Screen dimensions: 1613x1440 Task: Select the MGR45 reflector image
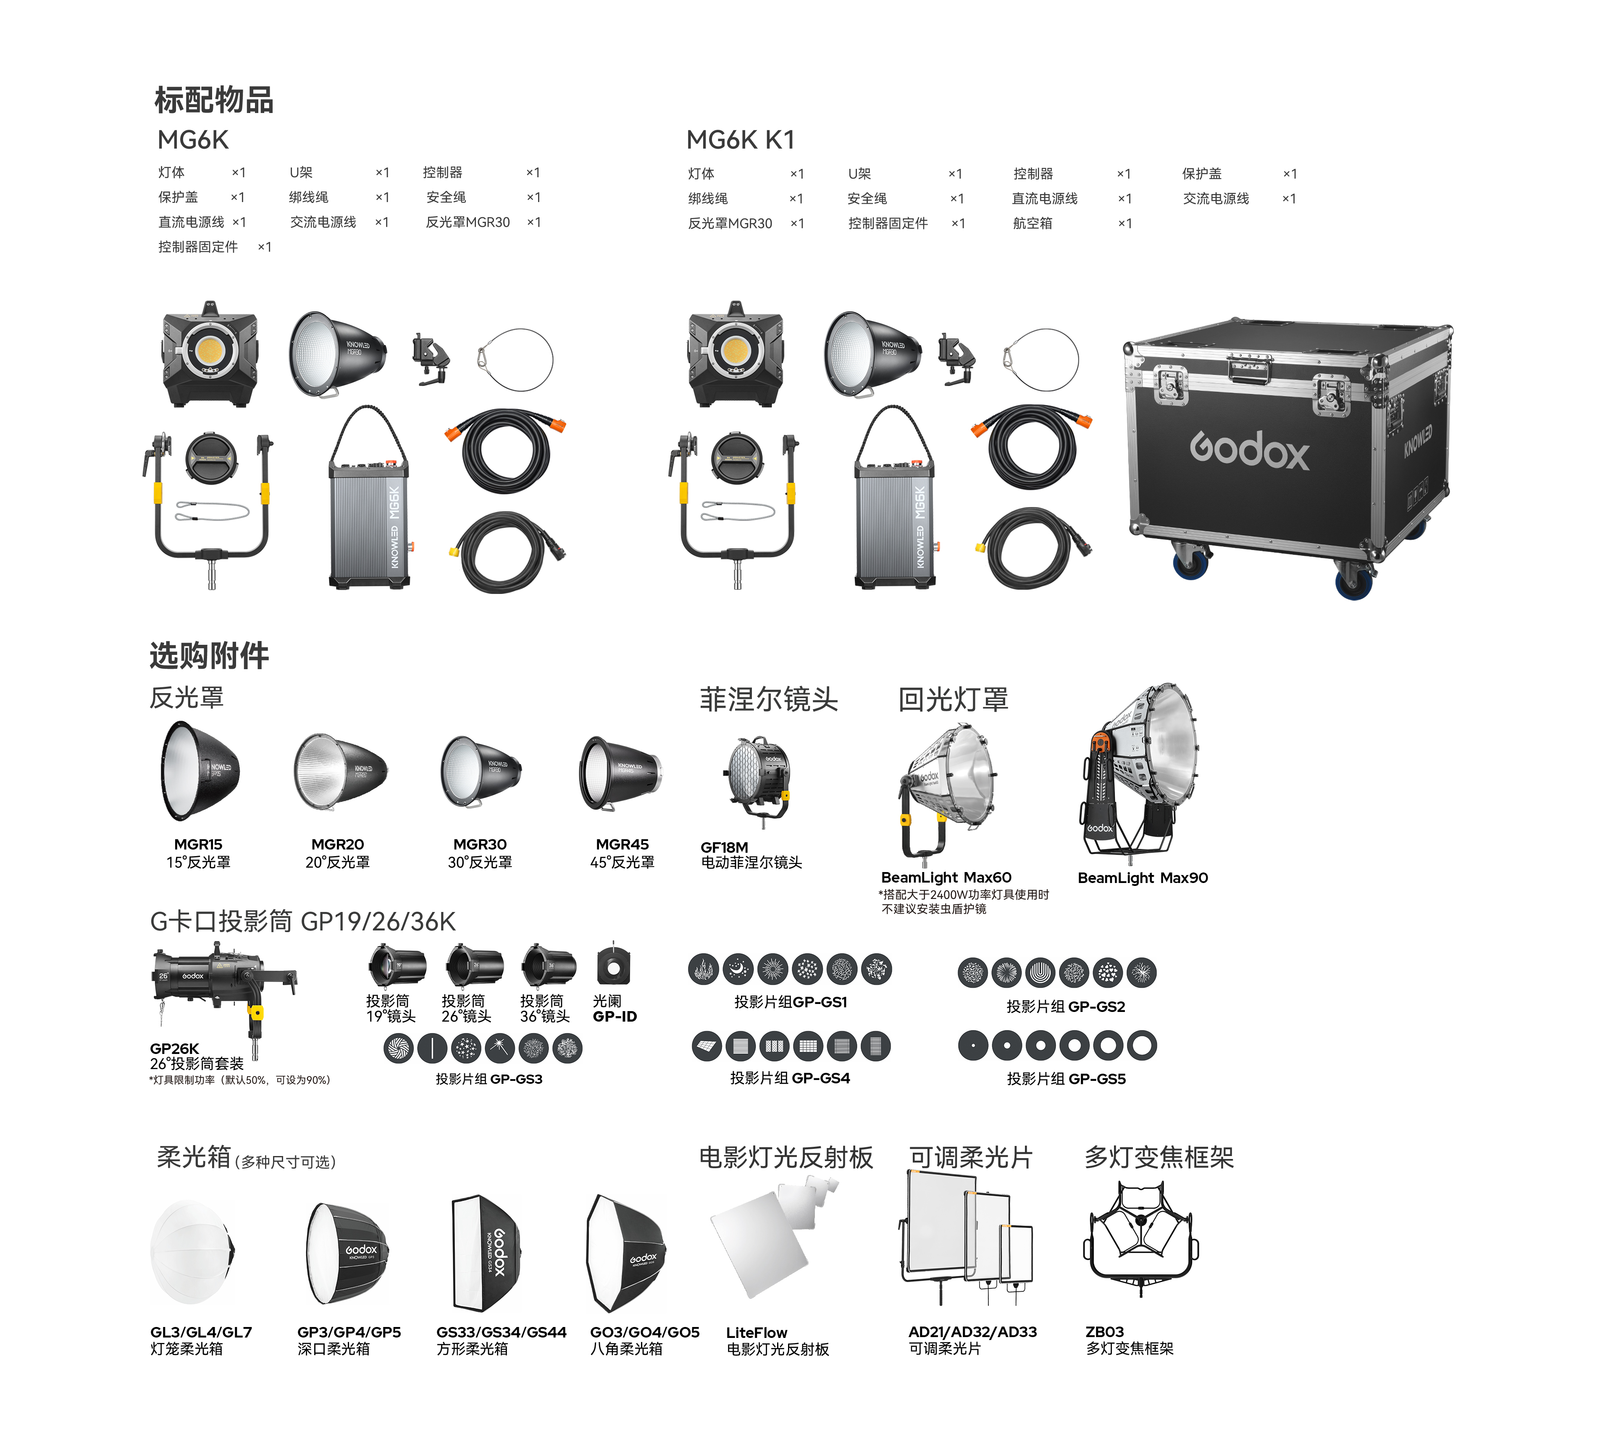[620, 773]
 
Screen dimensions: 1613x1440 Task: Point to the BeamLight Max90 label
[1142, 878]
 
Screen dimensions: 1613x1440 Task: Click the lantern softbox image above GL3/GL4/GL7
[192, 1253]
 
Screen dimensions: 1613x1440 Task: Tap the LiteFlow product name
[756, 1332]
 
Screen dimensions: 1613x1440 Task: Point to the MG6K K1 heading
[741, 140]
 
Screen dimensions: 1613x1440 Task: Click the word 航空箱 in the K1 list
[1032, 223]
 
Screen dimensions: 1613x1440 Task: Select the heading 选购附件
[210, 656]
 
